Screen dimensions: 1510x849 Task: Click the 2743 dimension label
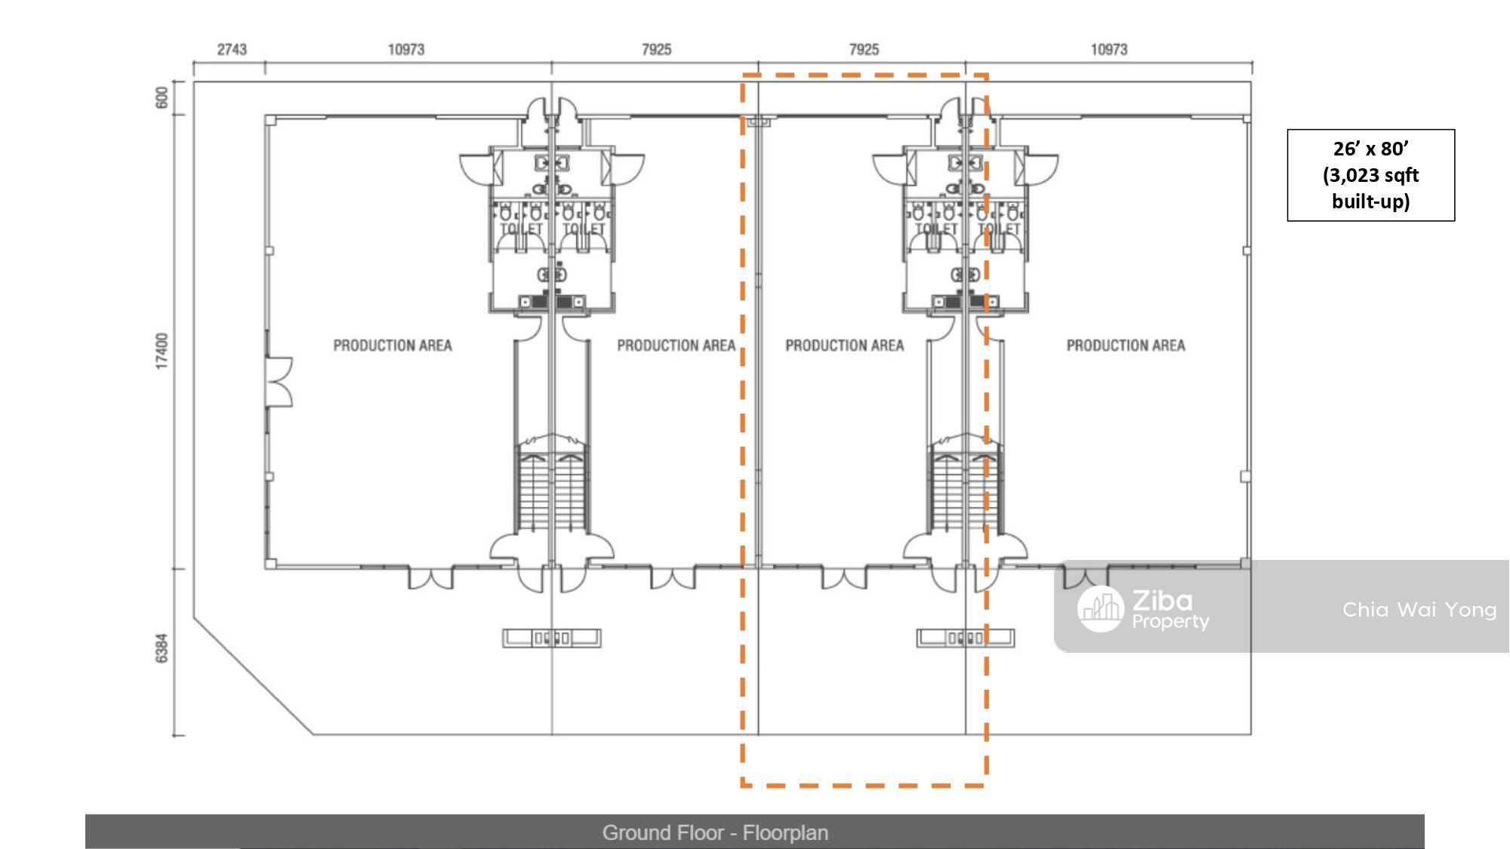pyautogui.click(x=232, y=49)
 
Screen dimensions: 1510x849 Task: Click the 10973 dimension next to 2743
pyautogui.click(x=406, y=49)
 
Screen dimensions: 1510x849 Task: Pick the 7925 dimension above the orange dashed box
pyautogui.click(x=864, y=49)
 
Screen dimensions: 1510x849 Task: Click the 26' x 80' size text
pyautogui.click(x=1370, y=149)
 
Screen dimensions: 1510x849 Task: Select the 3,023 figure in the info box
pyautogui.click(x=1351, y=176)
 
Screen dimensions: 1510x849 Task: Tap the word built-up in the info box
pyautogui.click(x=1370, y=201)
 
